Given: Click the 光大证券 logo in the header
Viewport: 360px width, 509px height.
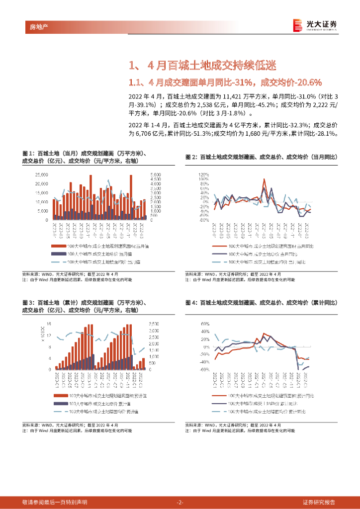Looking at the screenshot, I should (x=315, y=25).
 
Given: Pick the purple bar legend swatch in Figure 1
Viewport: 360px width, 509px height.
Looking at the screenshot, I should (x=58, y=254).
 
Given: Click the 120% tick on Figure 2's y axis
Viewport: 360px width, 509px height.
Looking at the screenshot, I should (x=203, y=175).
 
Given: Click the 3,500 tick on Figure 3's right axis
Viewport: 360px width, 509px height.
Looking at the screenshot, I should (x=154, y=323).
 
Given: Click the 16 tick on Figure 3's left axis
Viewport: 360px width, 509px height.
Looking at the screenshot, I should (x=49, y=323).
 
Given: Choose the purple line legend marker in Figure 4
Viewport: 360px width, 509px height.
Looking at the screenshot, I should (x=219, y=403).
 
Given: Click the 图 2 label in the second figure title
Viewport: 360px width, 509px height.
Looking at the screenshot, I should (x=191, y=157).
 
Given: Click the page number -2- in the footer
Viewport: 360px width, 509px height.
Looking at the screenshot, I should (x=180, y=502).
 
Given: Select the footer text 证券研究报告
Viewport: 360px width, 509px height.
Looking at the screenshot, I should (x=319, y=502).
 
